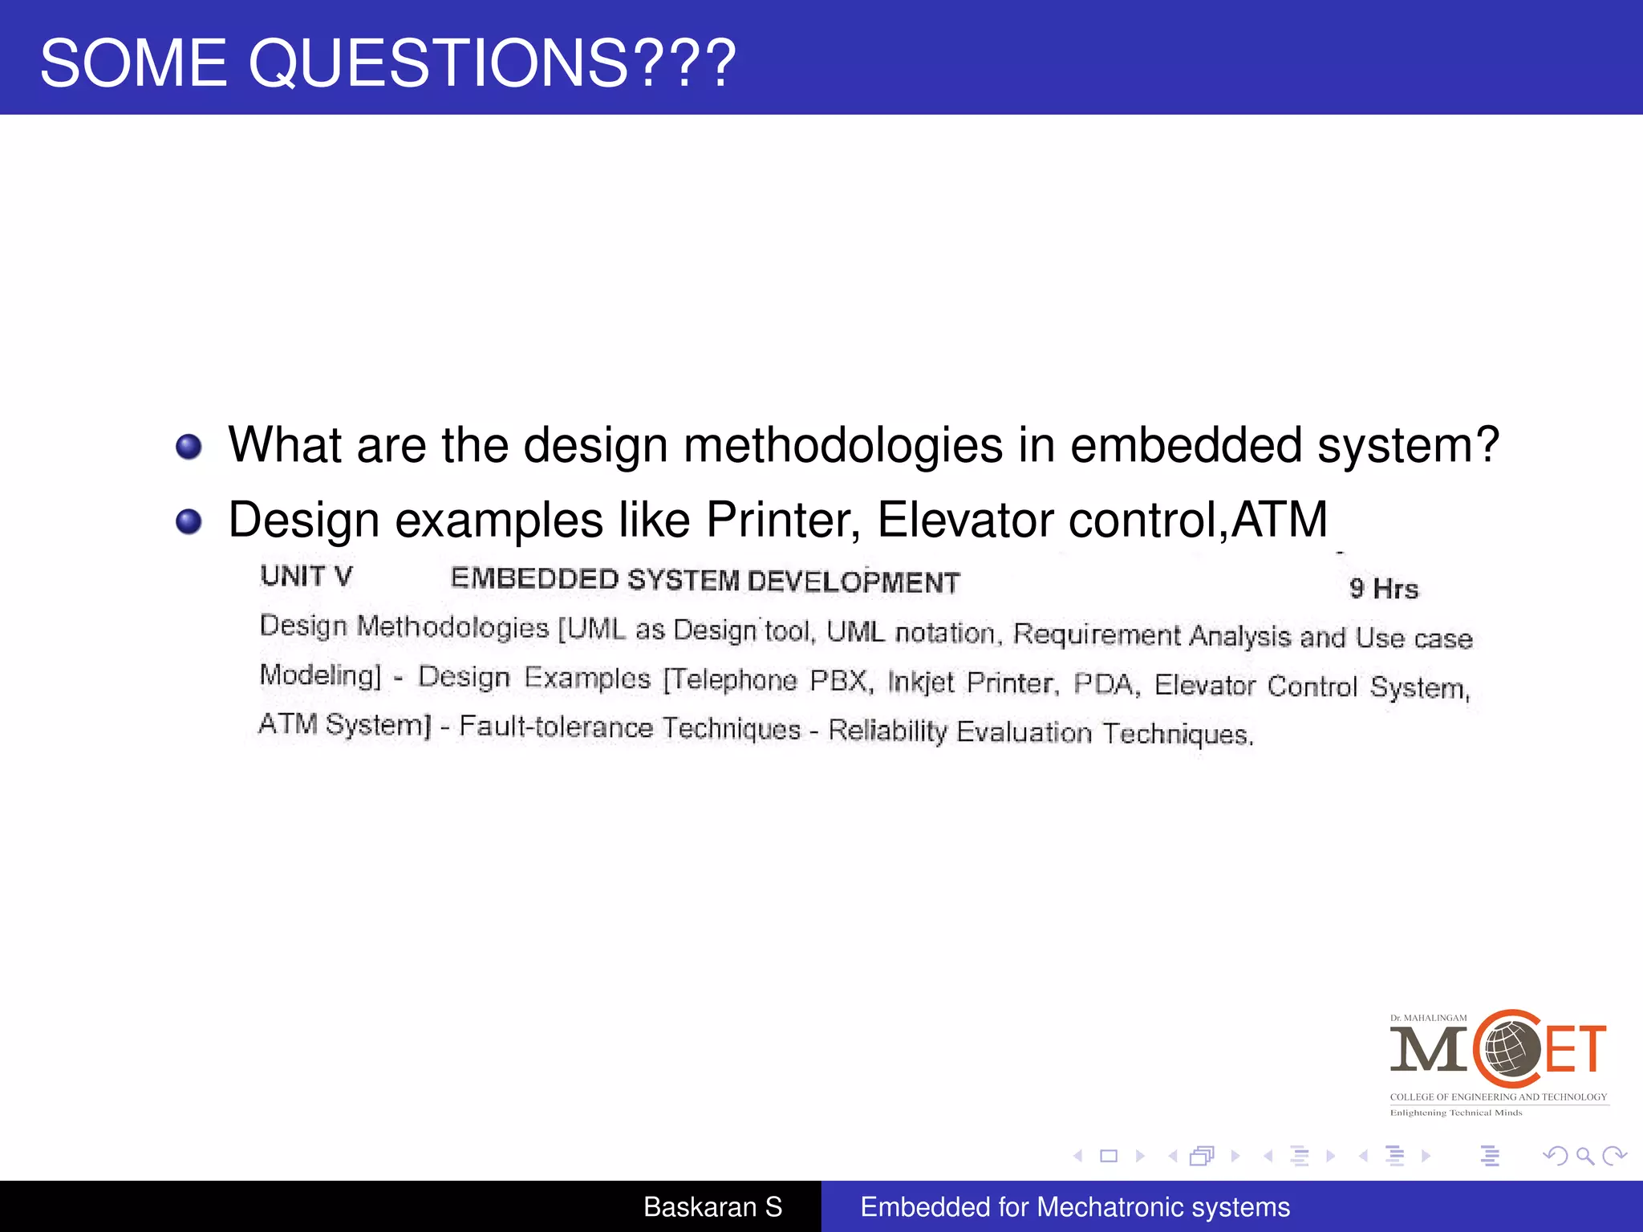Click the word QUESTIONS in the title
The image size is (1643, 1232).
point(438,63)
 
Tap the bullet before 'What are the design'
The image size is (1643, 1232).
point(189,447)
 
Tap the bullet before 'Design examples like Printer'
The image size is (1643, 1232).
point(189,522)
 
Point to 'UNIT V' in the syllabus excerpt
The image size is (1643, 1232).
point(306,576)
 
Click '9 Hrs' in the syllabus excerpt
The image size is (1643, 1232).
point(1384,589)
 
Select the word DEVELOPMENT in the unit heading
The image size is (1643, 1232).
point(854,582)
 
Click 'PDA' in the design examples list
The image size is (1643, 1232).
point(1105,684)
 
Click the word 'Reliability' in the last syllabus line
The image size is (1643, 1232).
point(887,730)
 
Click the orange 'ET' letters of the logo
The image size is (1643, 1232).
point(1576,1049)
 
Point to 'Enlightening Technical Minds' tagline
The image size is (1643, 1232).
point(1455,1112)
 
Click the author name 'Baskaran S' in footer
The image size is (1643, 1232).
point(712,1207)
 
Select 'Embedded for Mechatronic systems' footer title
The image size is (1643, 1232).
point(1075,1207)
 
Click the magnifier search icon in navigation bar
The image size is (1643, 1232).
point(1584,1156)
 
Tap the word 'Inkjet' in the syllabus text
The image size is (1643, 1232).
point(921,682)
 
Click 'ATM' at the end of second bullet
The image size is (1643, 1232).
point(1280,520)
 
